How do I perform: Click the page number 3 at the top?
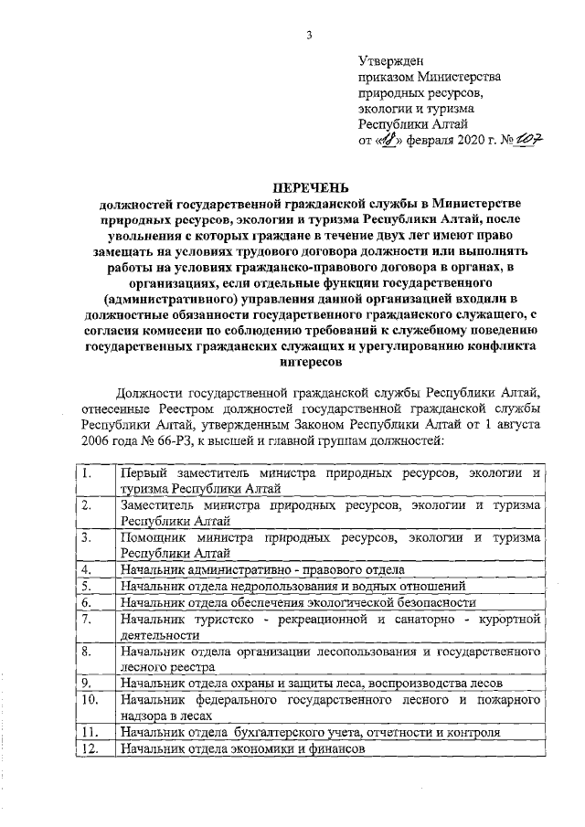pyautogui.click(x=309, y=36)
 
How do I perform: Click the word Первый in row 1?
pyautogui.click(x=147, y=475)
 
